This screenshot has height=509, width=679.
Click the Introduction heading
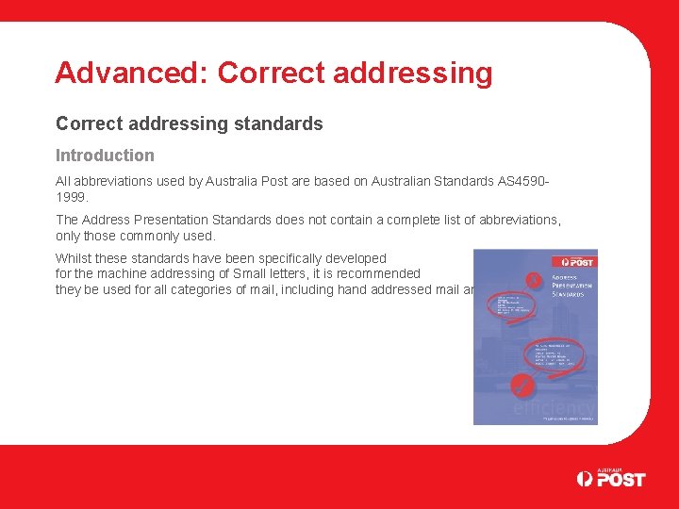tap(105, 156)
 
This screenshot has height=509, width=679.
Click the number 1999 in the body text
tap(70, 197)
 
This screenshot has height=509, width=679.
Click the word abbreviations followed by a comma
tap(519, 220)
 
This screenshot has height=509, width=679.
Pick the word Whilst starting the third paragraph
tap(75, 258)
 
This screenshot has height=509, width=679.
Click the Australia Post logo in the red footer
tap(611, 478)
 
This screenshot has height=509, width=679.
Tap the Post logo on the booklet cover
tap(577, 261)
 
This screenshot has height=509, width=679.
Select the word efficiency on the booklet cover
tap(554, 406)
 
